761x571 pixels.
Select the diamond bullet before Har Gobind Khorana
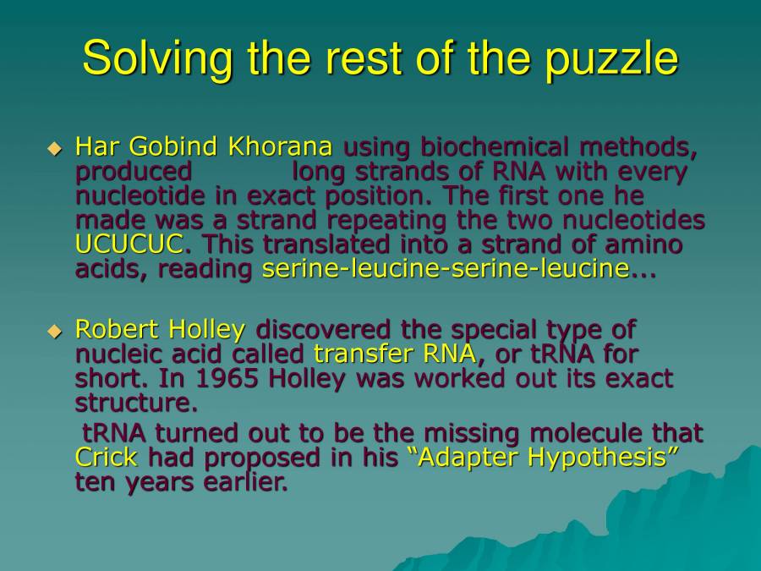click(55, 149)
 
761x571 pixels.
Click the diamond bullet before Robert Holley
click(55, 331)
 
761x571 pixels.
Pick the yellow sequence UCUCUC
click(129, 245)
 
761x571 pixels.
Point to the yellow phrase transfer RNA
click(395, 354)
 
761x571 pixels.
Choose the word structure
click(132, 403)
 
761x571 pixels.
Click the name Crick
click(107, 458)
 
